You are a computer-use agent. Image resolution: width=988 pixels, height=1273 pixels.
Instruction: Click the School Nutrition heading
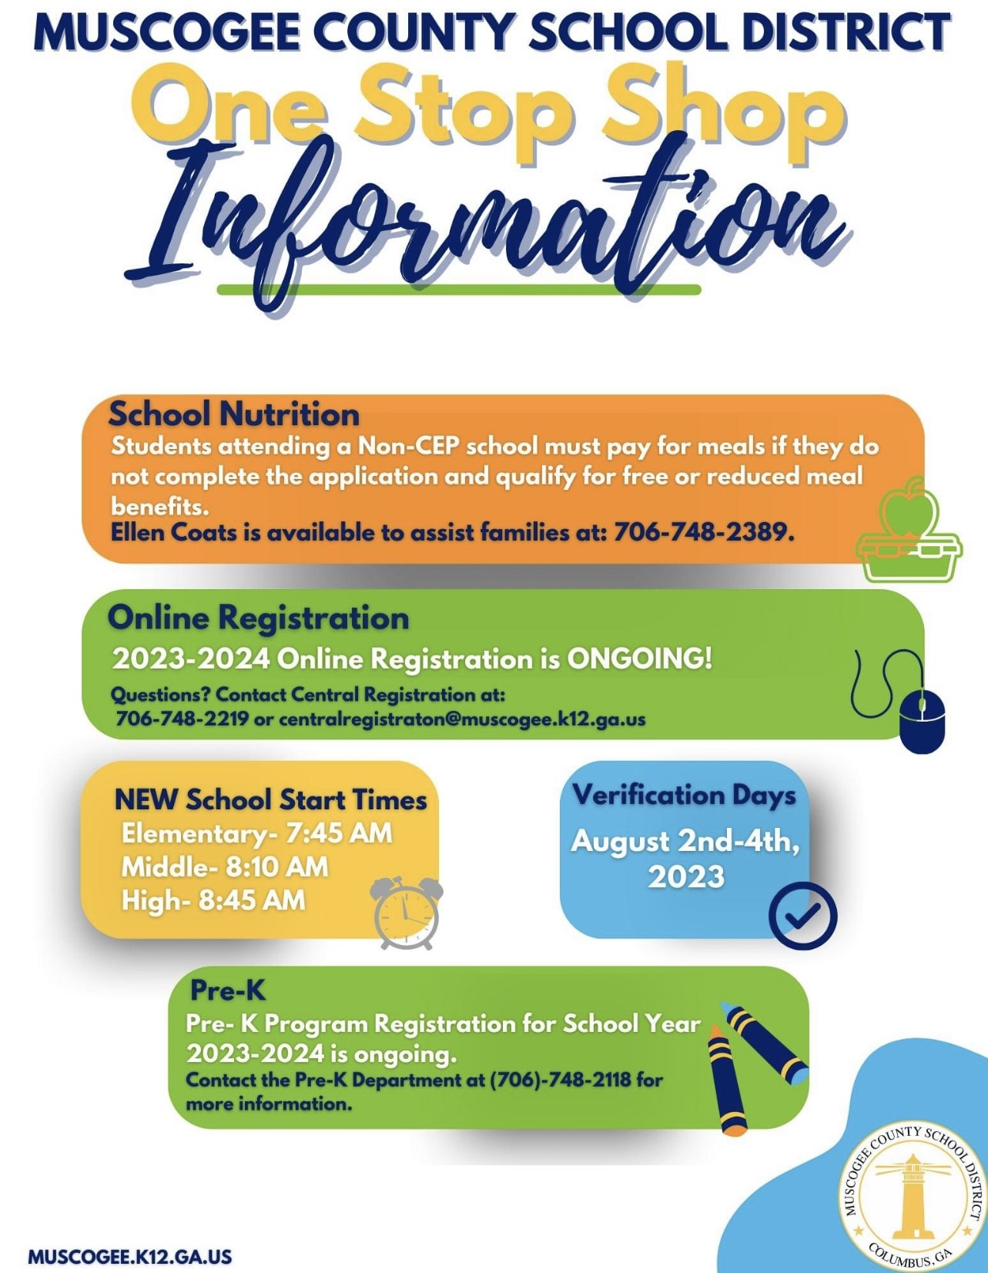(234, 414)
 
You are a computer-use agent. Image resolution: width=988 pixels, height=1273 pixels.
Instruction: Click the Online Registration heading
(259, 618)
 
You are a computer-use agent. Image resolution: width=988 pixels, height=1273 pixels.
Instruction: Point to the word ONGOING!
(639, 658)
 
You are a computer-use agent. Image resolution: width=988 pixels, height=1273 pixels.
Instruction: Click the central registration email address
(462, 719)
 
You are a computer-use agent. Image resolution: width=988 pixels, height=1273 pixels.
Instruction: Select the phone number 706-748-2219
(182, 719)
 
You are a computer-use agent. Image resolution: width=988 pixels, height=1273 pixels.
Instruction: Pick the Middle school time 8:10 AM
(276, 867)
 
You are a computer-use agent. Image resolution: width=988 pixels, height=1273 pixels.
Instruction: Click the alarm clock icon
(407, 913)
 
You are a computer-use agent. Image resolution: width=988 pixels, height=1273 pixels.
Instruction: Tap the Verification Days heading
(684, 795)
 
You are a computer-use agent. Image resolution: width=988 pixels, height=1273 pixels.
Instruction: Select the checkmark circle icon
(802, 915)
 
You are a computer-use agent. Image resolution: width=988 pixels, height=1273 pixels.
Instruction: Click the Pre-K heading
(228, 990)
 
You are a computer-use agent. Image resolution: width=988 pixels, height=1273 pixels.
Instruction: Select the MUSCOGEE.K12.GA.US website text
(130, 1256)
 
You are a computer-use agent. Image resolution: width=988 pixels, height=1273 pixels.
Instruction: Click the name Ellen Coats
(173, 531)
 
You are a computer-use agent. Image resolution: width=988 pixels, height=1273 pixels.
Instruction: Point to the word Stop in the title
(464, 112)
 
